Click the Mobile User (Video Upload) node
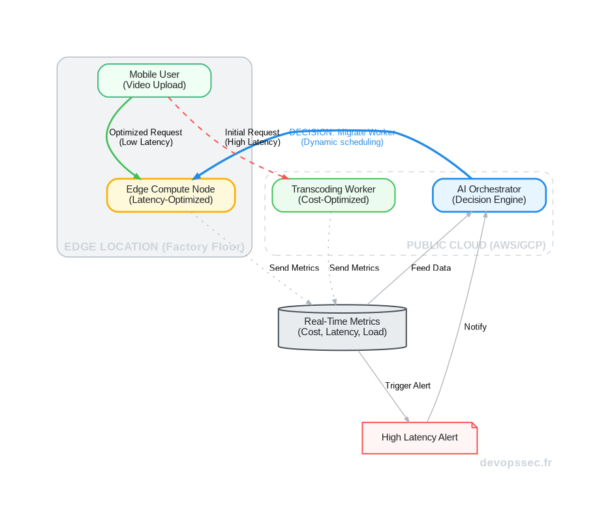[x=154, y=80]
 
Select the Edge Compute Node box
[x=170, y=194]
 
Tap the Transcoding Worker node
[x=333, y=194]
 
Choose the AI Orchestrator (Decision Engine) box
[x=489, y=194]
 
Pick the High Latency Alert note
[x=419, y=437]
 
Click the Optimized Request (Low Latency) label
[x=145, y=137]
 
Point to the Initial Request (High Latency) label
[x=252, y=137]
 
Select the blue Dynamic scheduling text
[x=342, y=142]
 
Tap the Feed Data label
[x=431, y=268]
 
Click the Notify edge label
[x=475, y=327]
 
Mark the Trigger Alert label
[x=407, y=385]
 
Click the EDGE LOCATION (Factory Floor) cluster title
[x=154, y=247]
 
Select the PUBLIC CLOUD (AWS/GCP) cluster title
[x=476, y=245]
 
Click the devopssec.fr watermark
[x=515, y=463]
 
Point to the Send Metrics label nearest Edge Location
[x=294, y=268]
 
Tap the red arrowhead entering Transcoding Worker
[x=284, y=176]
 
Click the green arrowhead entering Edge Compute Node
[x=137, y=175]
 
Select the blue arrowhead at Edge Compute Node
[x=196, y=176]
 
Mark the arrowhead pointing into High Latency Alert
[x=406, y=419]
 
